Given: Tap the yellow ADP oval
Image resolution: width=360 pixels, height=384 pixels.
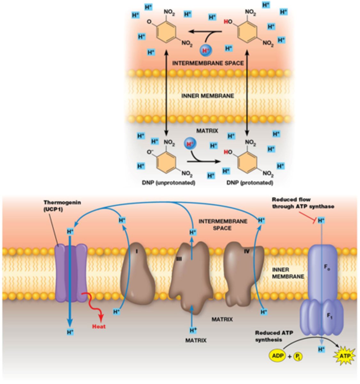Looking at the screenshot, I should [x=278, y=356].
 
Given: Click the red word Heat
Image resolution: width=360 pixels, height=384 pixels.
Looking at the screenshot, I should [x=99, y=327].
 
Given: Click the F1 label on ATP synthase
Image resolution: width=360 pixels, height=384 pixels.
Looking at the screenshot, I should [x=330, y=316].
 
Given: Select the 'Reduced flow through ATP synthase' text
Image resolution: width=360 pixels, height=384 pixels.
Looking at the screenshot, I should [x=303, y=203].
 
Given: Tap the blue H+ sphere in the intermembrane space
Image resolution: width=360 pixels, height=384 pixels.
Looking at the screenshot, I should [x=205, y=50].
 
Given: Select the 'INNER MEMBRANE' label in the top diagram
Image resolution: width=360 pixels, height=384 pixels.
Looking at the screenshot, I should [x=207, y=96].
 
